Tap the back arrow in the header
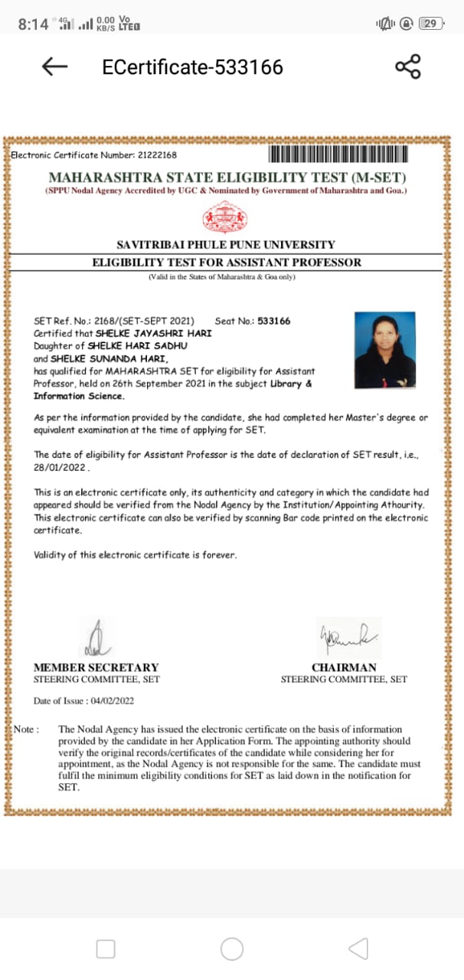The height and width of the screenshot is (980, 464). [55, 67]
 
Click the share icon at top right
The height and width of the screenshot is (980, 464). [408, 67]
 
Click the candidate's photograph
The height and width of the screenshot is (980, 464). [385, 348]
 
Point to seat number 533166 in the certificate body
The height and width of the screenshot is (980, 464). [274, 322]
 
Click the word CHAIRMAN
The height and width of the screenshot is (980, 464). [344, 668]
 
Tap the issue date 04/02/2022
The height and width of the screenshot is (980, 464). [112, 701]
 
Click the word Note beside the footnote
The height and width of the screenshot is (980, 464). [26, 730]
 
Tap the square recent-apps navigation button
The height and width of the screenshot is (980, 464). [106, 949]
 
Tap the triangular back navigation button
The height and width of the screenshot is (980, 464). [358, 949]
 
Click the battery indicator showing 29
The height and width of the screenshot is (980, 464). [431, 24]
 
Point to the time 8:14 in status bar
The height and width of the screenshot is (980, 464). [33, 24]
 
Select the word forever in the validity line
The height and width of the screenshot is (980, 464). [219, 554]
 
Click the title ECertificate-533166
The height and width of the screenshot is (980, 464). [192, 67]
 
